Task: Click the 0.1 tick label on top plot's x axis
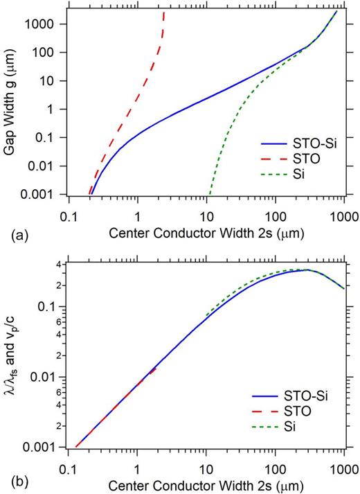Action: [x=68, y=212]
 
